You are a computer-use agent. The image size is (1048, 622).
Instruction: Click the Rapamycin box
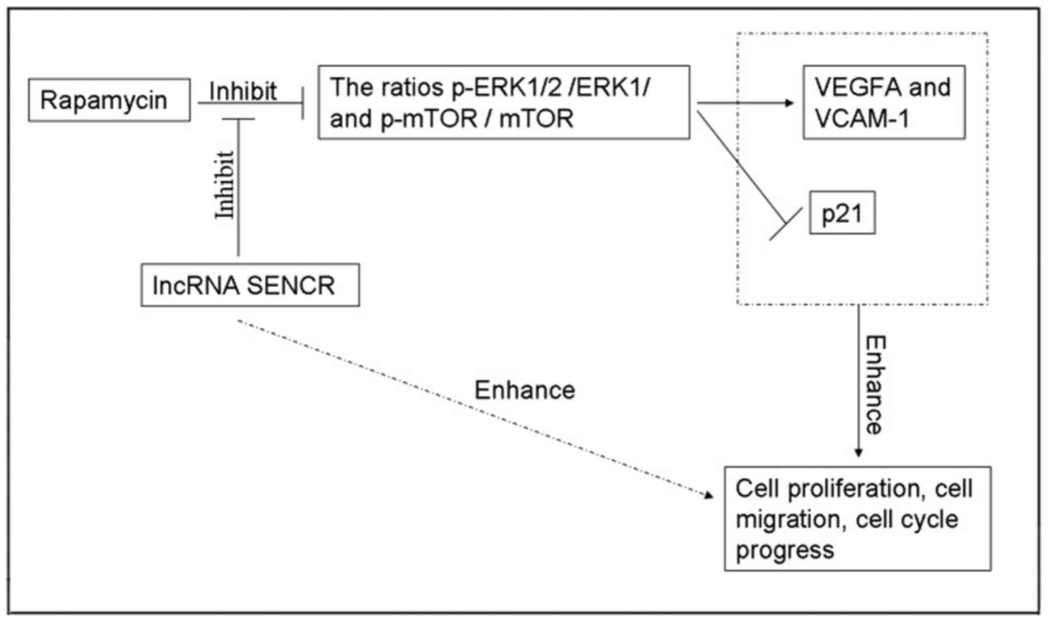109,100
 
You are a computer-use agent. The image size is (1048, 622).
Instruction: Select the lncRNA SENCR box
250,285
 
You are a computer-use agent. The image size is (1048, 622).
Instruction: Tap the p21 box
842,213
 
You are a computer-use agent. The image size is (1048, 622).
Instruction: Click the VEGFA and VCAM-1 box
884,103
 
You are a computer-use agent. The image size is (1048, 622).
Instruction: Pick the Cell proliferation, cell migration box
857,519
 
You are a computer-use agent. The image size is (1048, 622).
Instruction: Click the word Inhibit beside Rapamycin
243,91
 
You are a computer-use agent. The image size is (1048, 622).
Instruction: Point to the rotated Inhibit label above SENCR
225,185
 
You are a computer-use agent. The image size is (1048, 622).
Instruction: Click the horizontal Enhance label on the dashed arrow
524,390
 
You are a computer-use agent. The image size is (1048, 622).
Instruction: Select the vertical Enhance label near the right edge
875,385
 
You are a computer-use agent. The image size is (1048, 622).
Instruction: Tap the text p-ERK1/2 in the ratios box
506,87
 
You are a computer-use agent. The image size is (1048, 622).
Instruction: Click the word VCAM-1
862,119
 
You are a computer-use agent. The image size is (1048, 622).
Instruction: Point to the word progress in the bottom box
785,550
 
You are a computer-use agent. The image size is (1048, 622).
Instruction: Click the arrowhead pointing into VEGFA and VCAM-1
789,103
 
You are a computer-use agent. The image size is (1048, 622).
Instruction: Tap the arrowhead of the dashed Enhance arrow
709,495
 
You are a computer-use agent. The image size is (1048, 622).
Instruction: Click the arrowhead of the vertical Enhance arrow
858,452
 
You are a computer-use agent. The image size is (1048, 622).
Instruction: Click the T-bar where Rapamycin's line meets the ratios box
302,103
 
